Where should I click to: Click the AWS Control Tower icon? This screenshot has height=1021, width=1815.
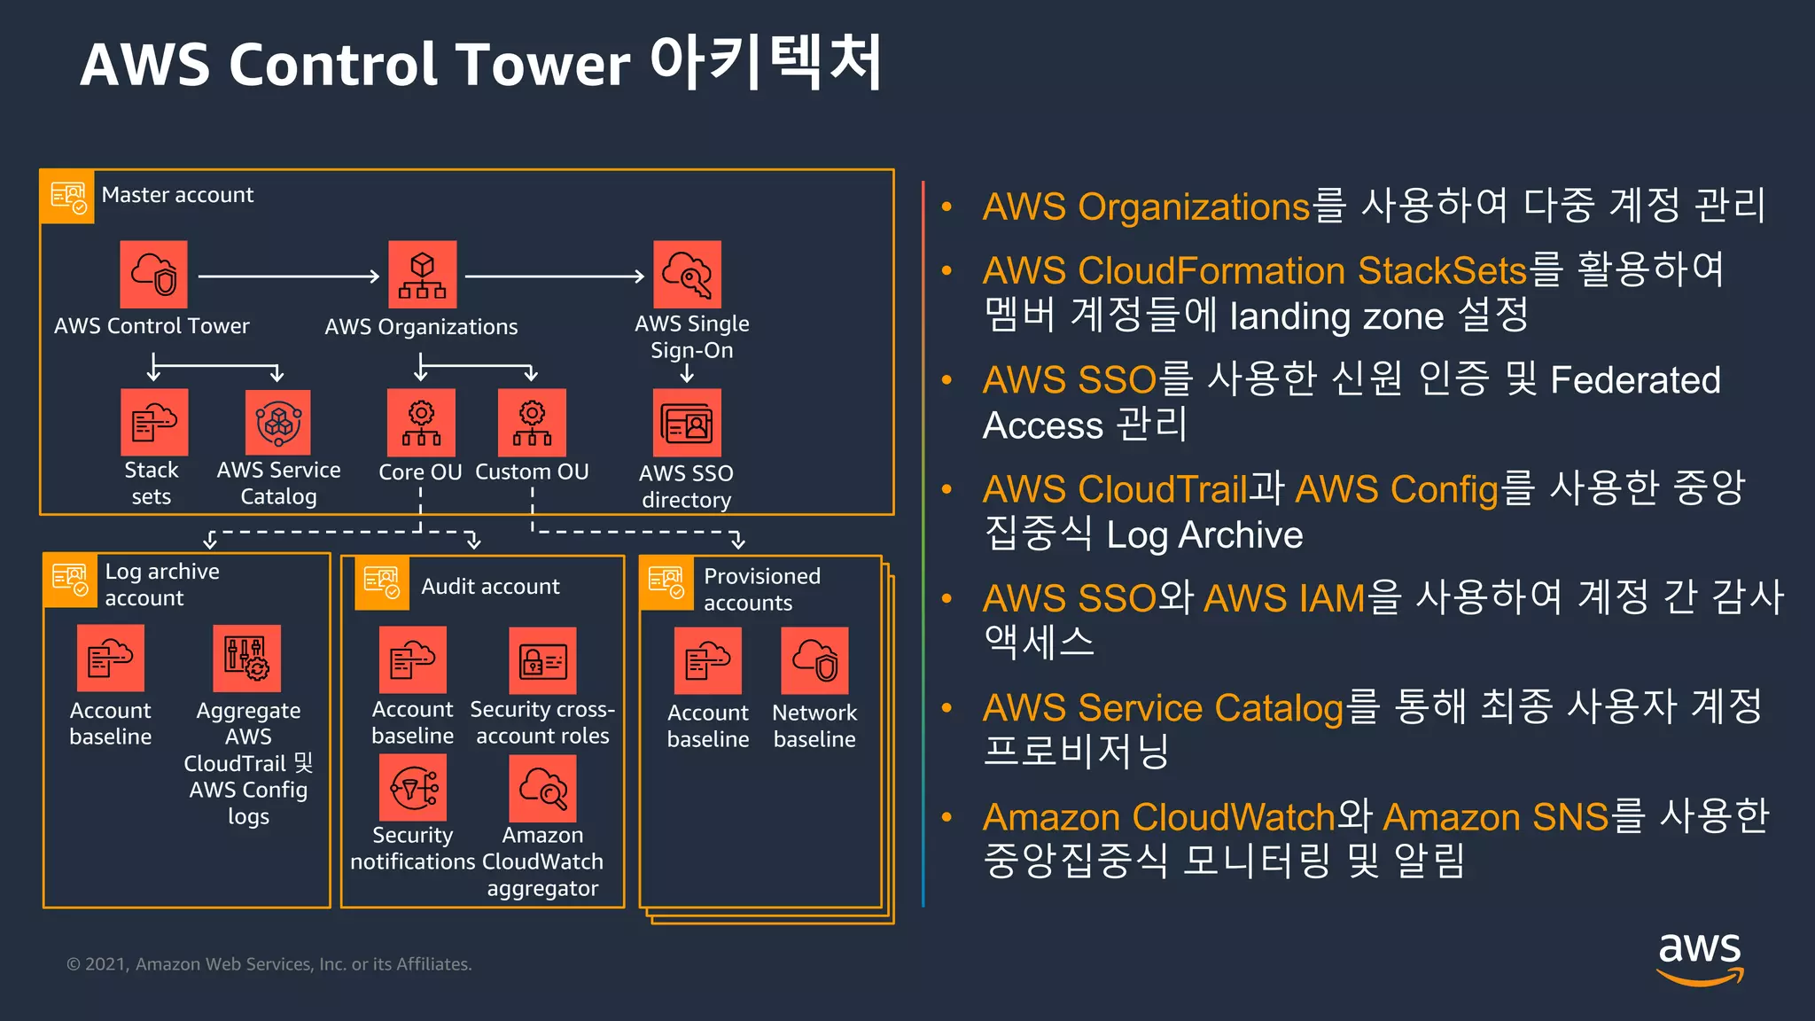pos(154,275)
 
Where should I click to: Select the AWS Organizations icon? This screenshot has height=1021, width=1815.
pos(423,275)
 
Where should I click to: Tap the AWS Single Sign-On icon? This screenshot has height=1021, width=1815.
pos(687,275)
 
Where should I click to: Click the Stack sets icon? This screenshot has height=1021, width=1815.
pos(154,423)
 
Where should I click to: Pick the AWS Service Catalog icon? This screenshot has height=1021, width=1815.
pos(278,423)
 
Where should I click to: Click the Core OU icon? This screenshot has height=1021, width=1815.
pos(421,423)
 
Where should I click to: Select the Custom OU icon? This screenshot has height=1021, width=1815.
pos(532,423)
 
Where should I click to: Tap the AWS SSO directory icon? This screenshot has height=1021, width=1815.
pos(687,424)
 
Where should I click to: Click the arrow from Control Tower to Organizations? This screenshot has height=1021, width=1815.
pos(288,277)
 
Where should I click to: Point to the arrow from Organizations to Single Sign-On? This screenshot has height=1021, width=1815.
pos(554,277)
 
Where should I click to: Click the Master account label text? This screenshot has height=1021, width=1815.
pos(177,195)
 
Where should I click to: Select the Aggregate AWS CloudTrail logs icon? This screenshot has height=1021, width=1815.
pos(247,659)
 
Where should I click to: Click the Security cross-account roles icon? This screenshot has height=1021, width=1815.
pos(542,661)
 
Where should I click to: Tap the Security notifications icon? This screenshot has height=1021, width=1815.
pos(413,788)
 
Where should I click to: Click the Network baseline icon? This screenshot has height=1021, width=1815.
pos(814,661)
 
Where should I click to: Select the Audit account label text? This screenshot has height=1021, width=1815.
pos(490,587)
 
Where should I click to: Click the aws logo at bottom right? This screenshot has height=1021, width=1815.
pos(1699,957)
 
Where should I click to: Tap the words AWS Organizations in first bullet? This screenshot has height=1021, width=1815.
pos(1145,207)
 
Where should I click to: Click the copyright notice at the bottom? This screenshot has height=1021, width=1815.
pos(269,964)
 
